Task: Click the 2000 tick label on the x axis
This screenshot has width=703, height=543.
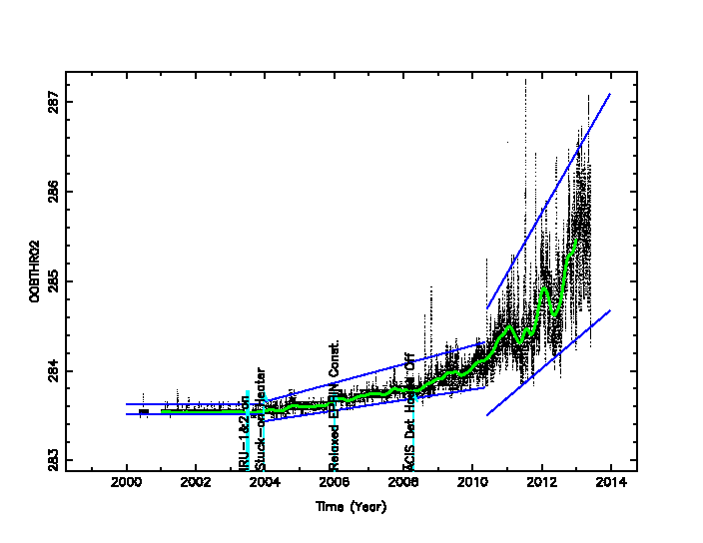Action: tap(127, 484)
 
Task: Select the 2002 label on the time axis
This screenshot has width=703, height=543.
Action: tap(196, 484)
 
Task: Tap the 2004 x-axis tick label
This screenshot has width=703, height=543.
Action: tap(265, 484)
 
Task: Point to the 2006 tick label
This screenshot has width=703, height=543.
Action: tap(335, 484)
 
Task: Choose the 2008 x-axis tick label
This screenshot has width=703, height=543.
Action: tap(403, 484)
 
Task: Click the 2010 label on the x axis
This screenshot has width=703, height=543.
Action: tap(473, 484)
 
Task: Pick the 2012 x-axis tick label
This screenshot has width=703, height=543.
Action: tap(542, 484)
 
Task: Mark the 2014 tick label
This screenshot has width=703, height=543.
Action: tap(611, 484)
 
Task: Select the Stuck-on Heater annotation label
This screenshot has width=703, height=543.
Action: tap(260, 419)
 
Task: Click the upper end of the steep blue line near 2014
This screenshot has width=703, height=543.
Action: tap(609, 94)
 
